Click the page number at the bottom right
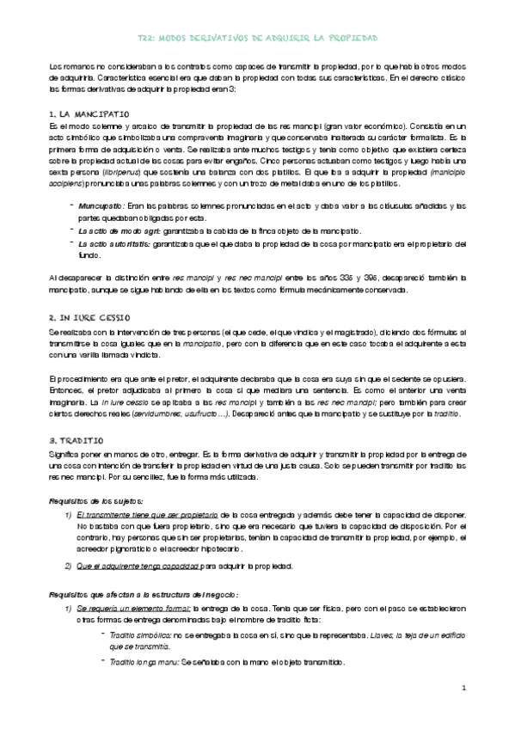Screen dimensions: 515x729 tap(463, 689)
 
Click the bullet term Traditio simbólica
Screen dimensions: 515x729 tap(138, 634)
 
